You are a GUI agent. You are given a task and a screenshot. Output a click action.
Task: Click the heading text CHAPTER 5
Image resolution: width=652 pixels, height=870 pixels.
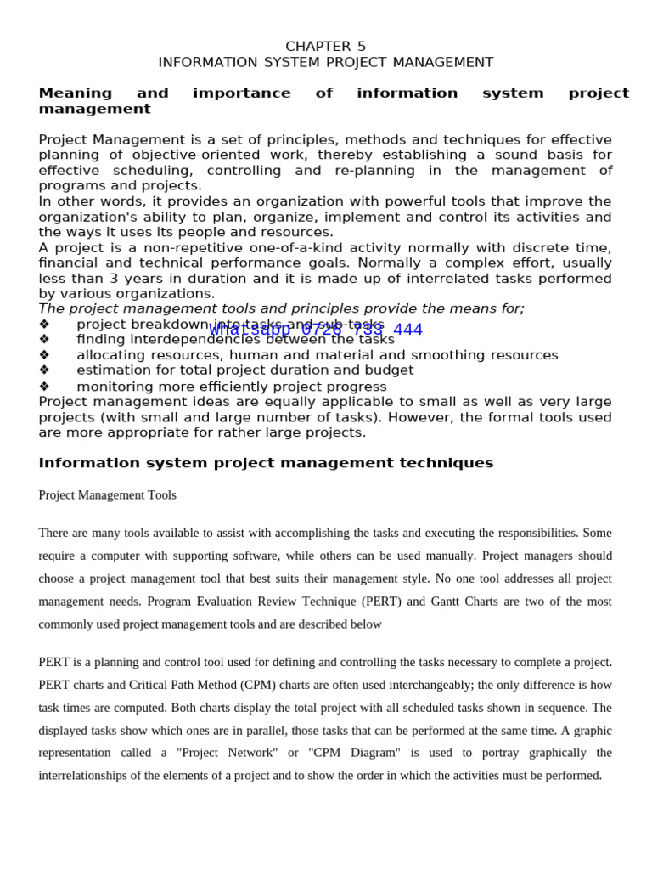coord(325,47)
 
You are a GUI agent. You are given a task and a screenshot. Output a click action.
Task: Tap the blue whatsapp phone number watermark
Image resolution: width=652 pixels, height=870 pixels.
coord(315,330)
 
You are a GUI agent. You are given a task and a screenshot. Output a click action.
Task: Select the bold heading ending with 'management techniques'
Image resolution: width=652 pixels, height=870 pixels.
coord(266,463)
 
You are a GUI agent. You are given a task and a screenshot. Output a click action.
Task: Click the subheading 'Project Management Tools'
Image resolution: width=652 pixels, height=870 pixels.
coord(107,495)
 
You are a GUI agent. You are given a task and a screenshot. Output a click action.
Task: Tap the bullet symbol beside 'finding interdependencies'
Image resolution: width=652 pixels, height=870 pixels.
coord(44,340)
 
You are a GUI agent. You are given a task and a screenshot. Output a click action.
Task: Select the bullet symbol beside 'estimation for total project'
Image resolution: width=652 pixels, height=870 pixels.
coord(44,370)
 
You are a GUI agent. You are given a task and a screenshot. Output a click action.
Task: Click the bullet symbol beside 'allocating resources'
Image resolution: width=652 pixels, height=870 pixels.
coord(44,355)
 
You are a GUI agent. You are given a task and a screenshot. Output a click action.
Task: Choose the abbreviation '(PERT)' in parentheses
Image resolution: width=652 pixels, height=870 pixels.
coord(384,602)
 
